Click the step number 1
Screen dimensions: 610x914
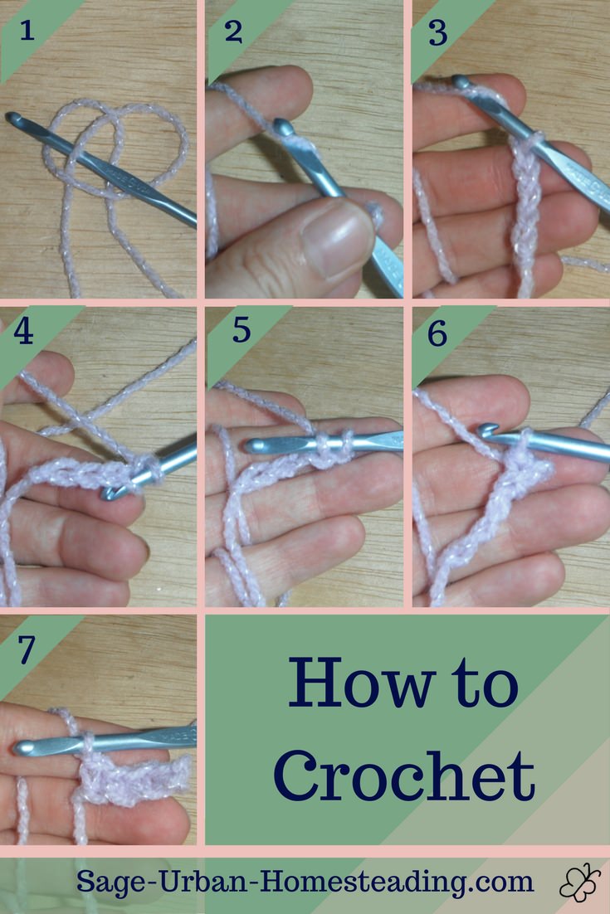point(27,30)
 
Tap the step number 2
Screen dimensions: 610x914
point(233,32)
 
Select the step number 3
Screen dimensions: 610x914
point(438,33)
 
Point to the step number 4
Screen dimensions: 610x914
point(23,332)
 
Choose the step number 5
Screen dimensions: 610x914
point(242,330)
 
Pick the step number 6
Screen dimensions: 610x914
point(437,333)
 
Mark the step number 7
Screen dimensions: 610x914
point(27,649)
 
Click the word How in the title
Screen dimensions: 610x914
point(362,683)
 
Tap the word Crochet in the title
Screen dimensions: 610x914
point(404,775)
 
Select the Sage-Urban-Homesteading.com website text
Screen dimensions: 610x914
point(305,882)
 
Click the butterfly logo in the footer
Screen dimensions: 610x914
point(579,882)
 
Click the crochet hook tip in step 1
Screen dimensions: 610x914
point(12,118)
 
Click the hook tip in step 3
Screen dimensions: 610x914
point(461,81)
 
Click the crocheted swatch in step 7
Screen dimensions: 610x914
point(134,778)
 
